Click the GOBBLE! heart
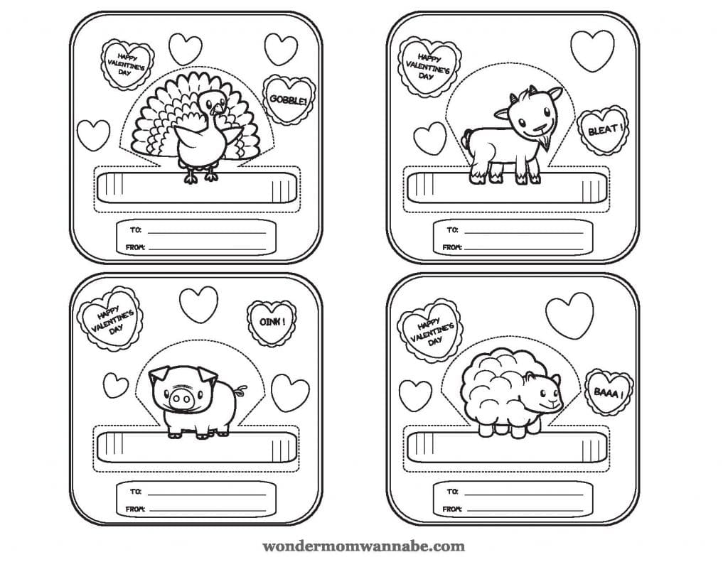pos(289,100)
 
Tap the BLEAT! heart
pos(603,131)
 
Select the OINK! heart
pos(272,323)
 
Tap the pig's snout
pos(180,399)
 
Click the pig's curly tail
pos(240,391)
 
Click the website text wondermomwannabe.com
pos(363,546)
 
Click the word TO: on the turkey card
pos(136,229)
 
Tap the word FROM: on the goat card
pos(451,247)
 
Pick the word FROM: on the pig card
pos(135,509)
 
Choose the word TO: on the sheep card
pos(452,492)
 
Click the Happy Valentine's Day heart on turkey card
pos(126,65)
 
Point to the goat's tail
pos(466,138)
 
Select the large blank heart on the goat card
pos(592,50)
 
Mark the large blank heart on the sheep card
pos(569,315)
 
